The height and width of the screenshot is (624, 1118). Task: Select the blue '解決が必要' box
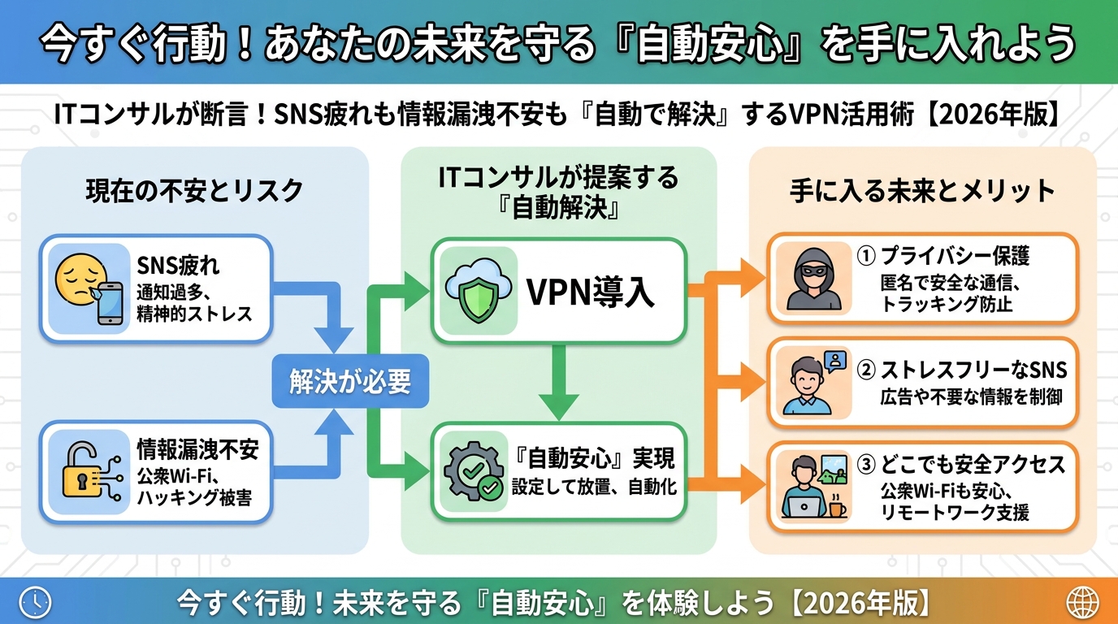350,382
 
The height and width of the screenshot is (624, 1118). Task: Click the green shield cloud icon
477,292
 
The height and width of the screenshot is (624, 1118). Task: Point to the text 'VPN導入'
591,293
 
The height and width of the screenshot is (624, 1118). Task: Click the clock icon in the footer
35,602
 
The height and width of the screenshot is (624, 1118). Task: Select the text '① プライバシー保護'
942,257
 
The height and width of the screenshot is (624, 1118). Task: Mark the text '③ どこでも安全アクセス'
960,465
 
